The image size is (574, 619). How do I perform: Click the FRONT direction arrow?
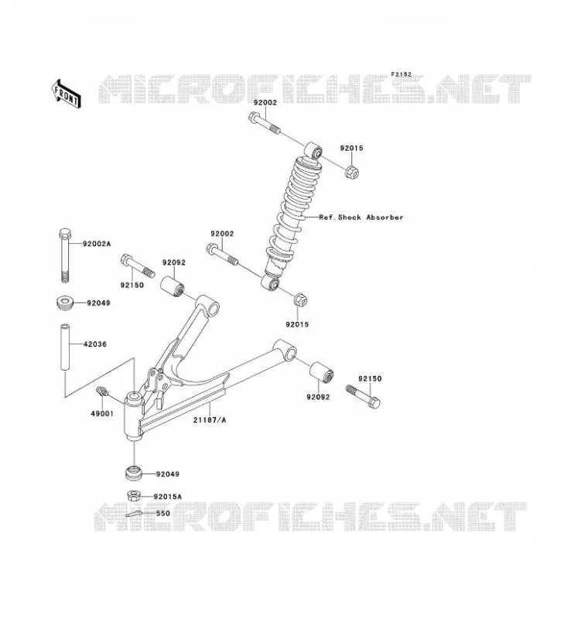coord(67,94)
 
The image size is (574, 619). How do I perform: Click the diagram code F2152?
coord(401,74)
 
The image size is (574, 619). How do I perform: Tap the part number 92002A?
coord(97,244)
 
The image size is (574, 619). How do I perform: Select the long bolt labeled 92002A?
coord(65,255)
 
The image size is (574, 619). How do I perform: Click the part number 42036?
coord(95,344)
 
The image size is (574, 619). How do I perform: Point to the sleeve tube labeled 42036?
coord(65,347)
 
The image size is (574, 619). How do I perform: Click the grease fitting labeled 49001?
coord(101,392)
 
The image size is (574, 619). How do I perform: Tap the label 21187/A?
coord(210,420)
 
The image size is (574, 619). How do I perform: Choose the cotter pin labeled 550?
coord(135,514)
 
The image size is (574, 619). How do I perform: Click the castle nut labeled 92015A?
coord(134,495)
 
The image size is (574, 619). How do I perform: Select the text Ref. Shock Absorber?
coord(361,217)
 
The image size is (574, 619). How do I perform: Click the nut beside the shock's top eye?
coord(352,171)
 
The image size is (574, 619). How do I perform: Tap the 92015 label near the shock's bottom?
coord(297,324)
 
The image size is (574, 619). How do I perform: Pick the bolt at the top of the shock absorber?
coord(265,123)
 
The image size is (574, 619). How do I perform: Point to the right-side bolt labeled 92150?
coord(363,396)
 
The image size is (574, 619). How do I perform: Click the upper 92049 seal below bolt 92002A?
coord(65,303)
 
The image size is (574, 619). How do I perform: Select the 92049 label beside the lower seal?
coord(168,474)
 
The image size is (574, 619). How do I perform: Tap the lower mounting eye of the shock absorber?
coord(271,282)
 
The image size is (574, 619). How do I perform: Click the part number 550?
coord(163,514)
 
